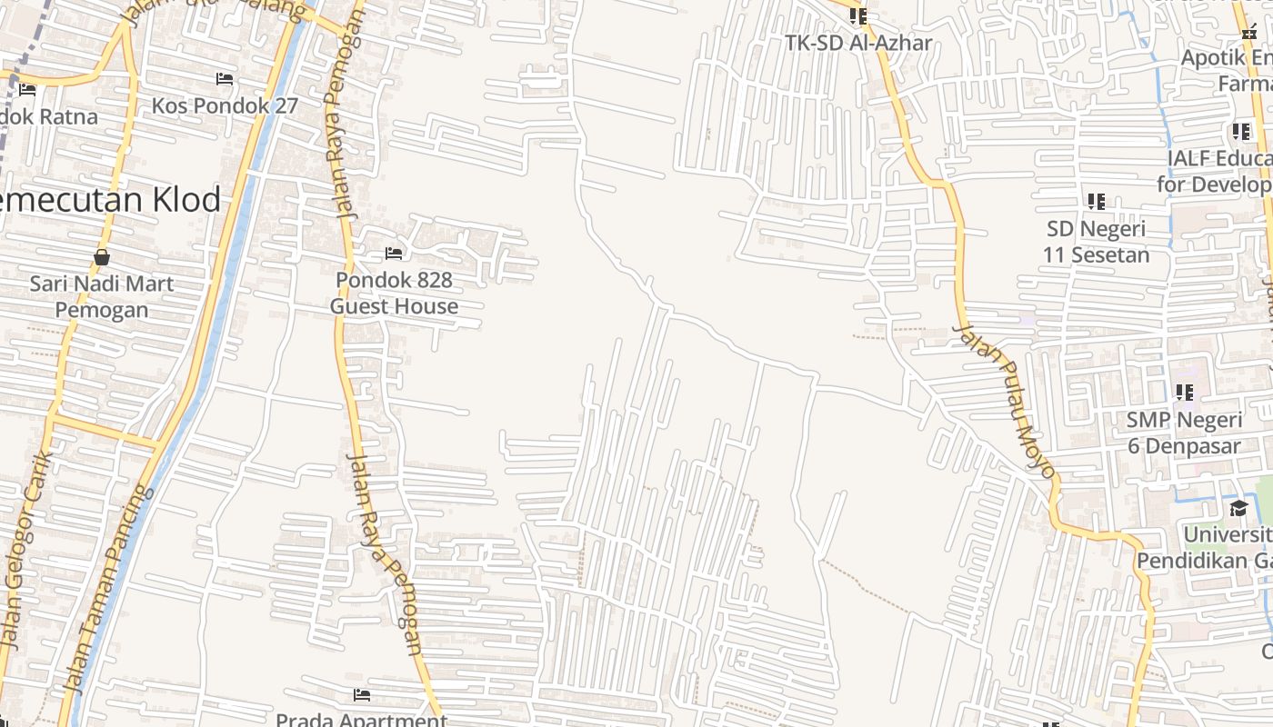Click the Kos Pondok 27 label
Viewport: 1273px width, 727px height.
(x=225, y=105)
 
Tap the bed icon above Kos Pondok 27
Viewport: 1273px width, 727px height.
(x=225, y=79)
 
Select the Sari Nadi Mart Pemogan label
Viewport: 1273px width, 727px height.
(x=102, y=296)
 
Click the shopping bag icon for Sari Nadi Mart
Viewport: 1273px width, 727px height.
(x=102, y=257)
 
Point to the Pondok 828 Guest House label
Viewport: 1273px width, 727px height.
(x=394, y=293)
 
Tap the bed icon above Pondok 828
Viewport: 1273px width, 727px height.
(x=394, y=254)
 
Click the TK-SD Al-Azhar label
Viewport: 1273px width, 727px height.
(x=859, y=43)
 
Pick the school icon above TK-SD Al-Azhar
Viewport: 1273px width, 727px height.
(x=858, y=15)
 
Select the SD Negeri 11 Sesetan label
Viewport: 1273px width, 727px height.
(x=1096, y=241)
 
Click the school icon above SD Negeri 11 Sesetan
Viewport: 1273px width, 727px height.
(x=1096, y=201)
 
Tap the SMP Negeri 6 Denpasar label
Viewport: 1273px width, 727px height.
(x=1184, y=433)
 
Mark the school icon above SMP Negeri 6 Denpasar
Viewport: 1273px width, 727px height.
(x=1184, y=393)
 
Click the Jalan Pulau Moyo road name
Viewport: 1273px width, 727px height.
(x=1004, y=401)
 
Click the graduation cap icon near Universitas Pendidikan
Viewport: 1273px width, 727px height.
(x=1238, y=508)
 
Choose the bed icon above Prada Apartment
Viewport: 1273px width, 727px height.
(x=361, y=696)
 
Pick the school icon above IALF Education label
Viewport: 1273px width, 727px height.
(x=1241, y=132)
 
